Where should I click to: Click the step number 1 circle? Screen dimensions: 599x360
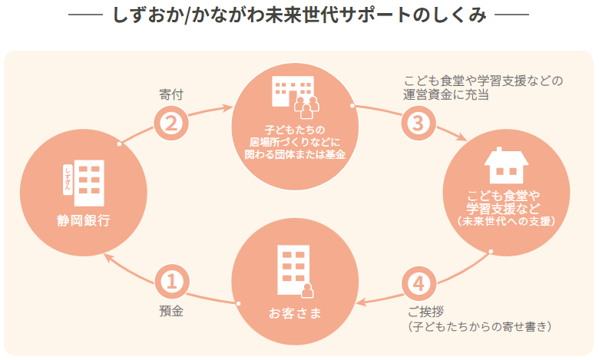click(171, 282)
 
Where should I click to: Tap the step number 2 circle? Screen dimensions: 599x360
click(171, 124)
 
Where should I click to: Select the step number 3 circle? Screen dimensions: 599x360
click(419, 124)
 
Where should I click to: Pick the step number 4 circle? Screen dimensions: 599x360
click(419, 284)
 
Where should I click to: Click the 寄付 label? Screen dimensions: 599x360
click(171, 94)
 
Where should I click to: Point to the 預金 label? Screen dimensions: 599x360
click(171, 311)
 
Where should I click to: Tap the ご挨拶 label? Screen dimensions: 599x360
click(425, 312)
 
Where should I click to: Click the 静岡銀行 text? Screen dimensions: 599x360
click(84, 220)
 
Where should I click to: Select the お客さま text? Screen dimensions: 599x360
click(295, 313)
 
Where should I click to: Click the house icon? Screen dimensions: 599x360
click(506, 165)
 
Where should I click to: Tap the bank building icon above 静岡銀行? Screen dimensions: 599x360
click(84, 183)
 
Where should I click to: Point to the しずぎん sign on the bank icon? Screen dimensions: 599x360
click(68, 180)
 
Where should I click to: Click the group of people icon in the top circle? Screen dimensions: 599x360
click(306, 107)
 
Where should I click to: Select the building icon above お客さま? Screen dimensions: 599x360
click(296, 271)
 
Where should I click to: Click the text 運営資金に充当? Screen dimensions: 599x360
click(446, 94)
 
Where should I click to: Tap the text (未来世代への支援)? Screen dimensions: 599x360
click(506, 221)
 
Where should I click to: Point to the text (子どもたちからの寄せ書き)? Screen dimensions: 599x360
click(479, 326)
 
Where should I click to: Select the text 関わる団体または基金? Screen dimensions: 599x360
click(295, 154)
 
